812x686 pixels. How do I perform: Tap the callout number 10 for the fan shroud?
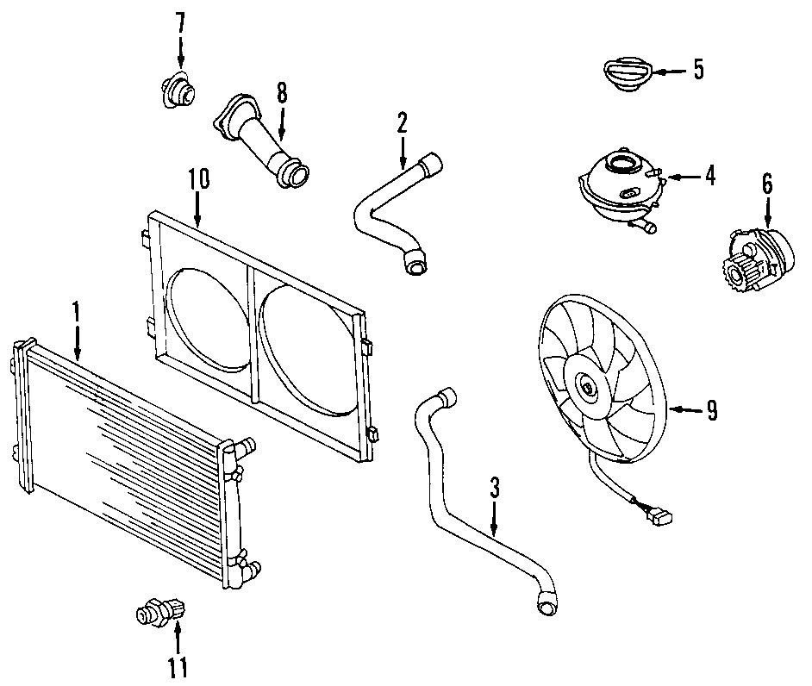(198, 179)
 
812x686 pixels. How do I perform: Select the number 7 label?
(180, 23)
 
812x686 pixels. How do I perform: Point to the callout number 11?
(177, 666)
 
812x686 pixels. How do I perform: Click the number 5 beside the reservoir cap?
(697, 69)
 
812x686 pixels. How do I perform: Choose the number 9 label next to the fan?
(712, 411)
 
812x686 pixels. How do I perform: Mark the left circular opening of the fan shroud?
(205, 318)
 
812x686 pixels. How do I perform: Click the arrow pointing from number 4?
(680, 177)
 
